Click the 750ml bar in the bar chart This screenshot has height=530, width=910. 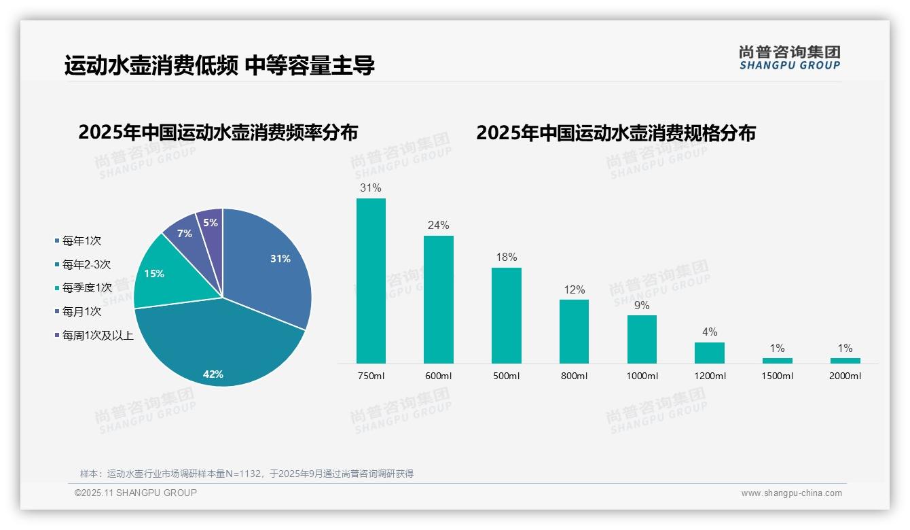pyautogui.click(x=371, y=281)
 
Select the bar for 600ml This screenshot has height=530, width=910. pyautogui.click(x=438, y=299)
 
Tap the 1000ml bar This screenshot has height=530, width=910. pyautogui.click(x=642, y=339)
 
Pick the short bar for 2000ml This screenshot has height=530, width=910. pyautogui.click(x=845, y=360)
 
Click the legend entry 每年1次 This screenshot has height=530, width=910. pyautogui.click(x=81, y=241)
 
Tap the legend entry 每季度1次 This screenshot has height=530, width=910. pyautogui.click(x=87, y=288)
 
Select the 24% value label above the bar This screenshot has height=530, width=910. pyautogui.click(x=438, y=225)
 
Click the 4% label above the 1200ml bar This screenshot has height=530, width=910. pyautogui.click(x=710, y=332)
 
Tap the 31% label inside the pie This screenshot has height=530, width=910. pyautogui.click(x=280, y=259)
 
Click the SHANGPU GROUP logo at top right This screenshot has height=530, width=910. pyautogui.click(x=790, y=57)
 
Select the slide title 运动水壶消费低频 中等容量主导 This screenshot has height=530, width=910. pyautogui.click(x=219, y=66)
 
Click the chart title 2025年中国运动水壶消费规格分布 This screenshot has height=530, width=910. pyautogui.click(x=615, y=132)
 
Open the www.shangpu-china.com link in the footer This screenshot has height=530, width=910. pyautogui.click(x=791, y=493)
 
